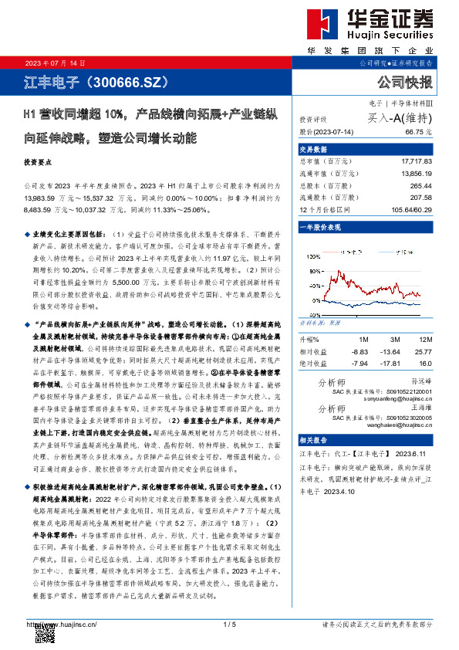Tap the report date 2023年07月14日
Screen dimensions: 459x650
coord(56,62)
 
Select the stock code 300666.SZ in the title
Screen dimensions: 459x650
coord(127,81)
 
